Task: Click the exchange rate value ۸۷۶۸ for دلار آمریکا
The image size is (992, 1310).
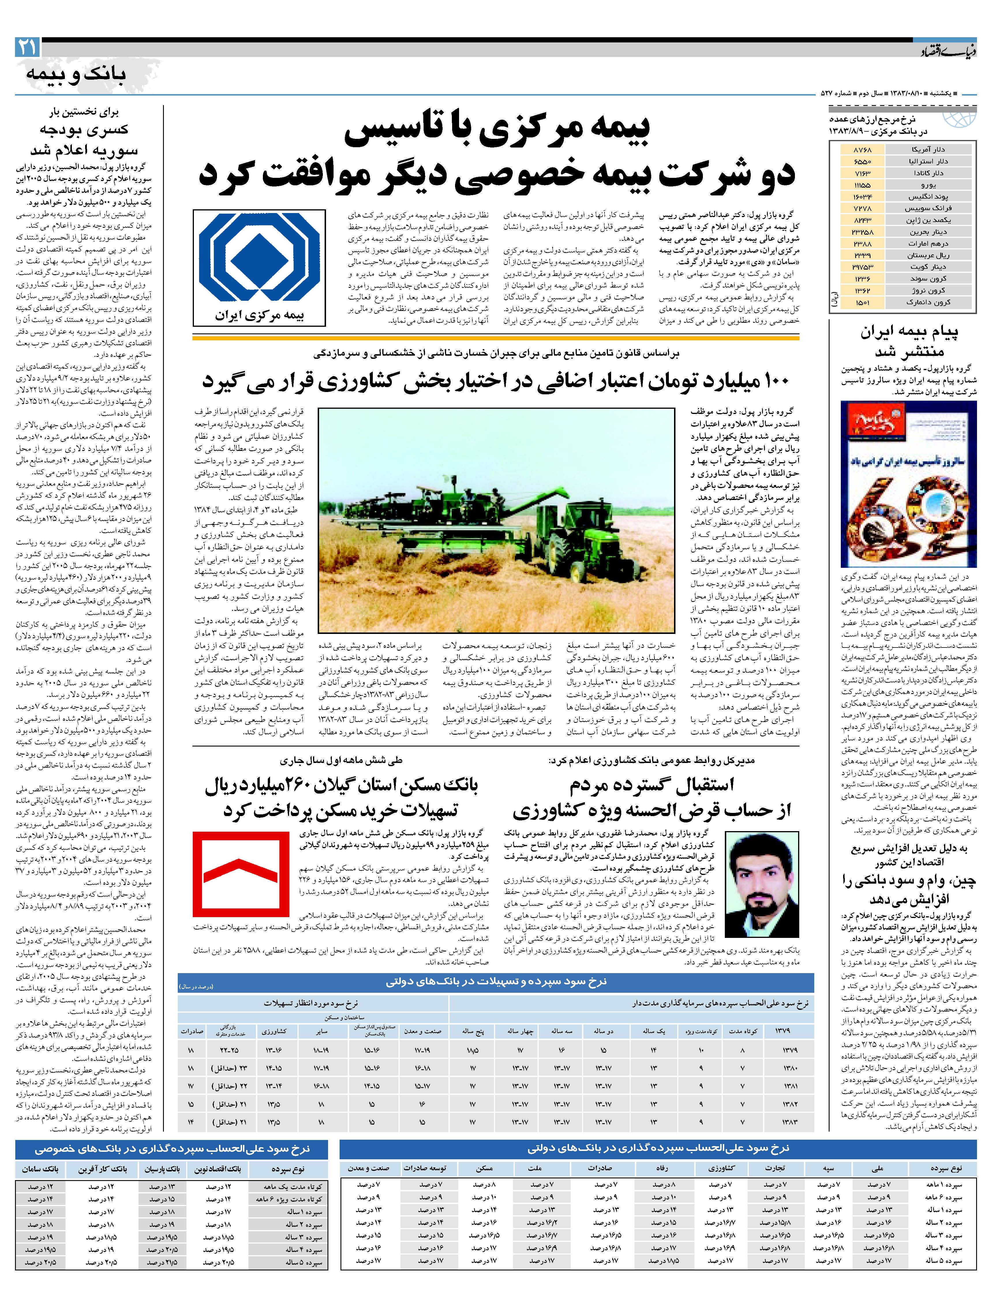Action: pyautogui.click(x=862, y=150)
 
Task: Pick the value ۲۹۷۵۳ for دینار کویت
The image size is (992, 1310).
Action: pyautogui.click(x=862, y=267)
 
